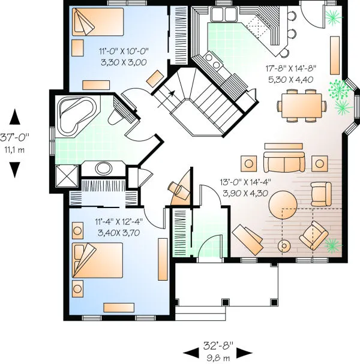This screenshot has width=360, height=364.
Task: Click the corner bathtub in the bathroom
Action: point(77,116)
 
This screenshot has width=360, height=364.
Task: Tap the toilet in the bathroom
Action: point(124,113)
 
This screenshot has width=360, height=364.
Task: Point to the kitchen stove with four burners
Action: point(213,61)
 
